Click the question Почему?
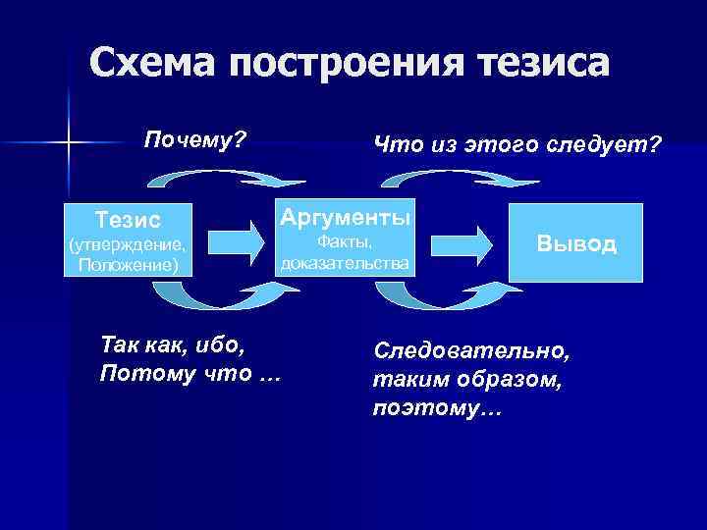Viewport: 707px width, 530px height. tap(193, 138)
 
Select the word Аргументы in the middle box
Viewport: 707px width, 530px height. tap(346, 215)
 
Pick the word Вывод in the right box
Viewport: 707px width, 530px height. tap(576, 243)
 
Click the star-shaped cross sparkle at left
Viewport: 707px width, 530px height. tap(69, 144)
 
